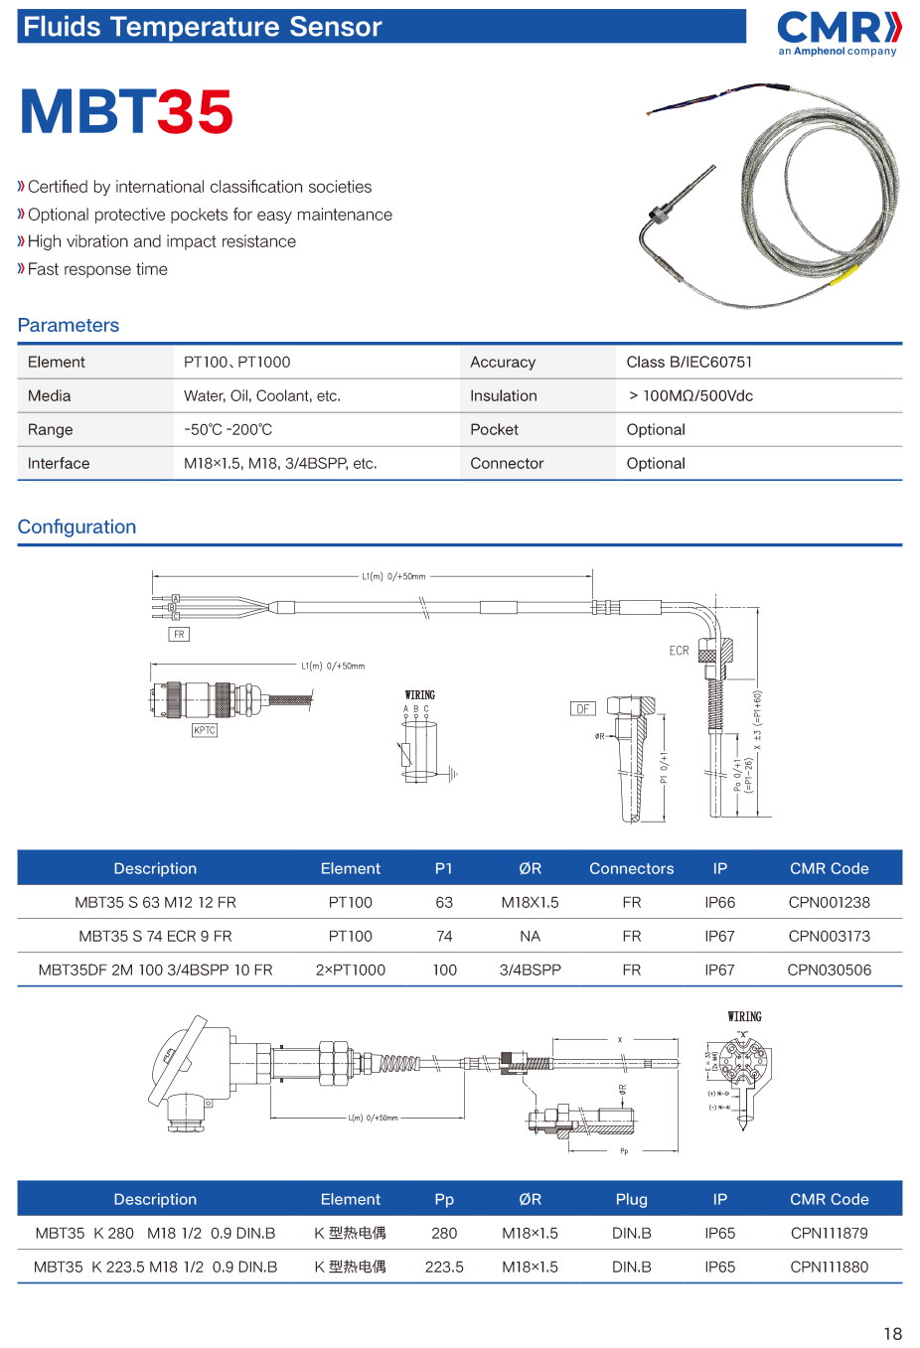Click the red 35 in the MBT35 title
[196, 112]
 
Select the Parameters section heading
[69, 325]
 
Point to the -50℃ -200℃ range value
[228, 429]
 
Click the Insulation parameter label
[503, 395]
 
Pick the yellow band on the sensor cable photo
[844, 273]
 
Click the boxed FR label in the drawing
[179, 634]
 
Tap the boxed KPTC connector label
[205, 730]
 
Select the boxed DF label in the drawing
[583, 708]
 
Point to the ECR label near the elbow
[679, 651]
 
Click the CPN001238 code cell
[829, 902]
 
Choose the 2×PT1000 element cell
[350, 970]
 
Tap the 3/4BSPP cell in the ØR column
[530, 970]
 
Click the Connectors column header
[631, 868]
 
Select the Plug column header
[631, 1199]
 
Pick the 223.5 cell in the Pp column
[444, 1267]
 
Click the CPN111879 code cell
[829, 1233]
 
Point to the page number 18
[892, 1333]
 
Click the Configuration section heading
[77, 526]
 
